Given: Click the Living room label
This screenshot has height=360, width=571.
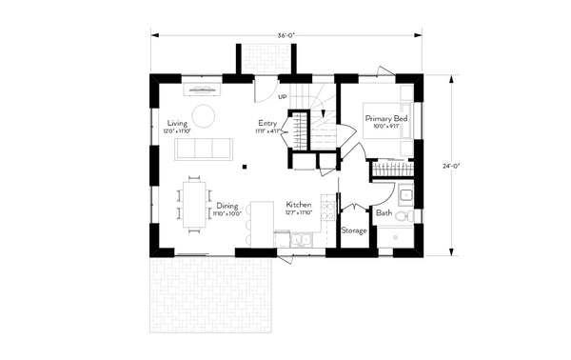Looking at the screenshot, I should (176, 124).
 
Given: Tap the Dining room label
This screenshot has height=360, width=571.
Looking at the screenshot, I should (226, 206).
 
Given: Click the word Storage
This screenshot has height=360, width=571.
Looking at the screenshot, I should (353, 230).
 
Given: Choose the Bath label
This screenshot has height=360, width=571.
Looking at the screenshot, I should (383, 213).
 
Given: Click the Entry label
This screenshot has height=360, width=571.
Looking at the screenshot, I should (267, 124).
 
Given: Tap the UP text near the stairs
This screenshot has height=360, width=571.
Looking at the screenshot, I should (283, 97).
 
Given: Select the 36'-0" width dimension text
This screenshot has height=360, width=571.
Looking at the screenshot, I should (285, 34).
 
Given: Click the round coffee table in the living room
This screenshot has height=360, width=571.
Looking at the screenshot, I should (204, 116).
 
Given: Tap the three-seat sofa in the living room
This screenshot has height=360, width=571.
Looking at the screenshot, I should (207, 148).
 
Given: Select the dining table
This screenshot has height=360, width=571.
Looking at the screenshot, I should (193, 204).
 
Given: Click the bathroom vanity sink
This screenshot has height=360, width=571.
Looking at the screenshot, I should (404, 197).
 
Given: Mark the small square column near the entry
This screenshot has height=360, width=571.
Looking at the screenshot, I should (244, 166).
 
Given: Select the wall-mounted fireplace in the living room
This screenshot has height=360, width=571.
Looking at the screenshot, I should (203, 90).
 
